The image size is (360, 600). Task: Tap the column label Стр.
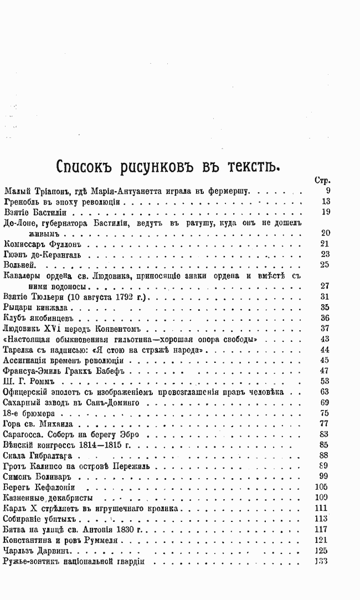coord(322,181)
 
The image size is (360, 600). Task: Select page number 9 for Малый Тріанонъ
coord(328,191)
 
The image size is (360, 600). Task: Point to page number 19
coord(325,212)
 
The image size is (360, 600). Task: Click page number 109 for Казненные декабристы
coord(322,498)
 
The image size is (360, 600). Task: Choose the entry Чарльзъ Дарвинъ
coord(35,551)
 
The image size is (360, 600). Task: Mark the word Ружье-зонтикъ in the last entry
coord(32,561)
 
